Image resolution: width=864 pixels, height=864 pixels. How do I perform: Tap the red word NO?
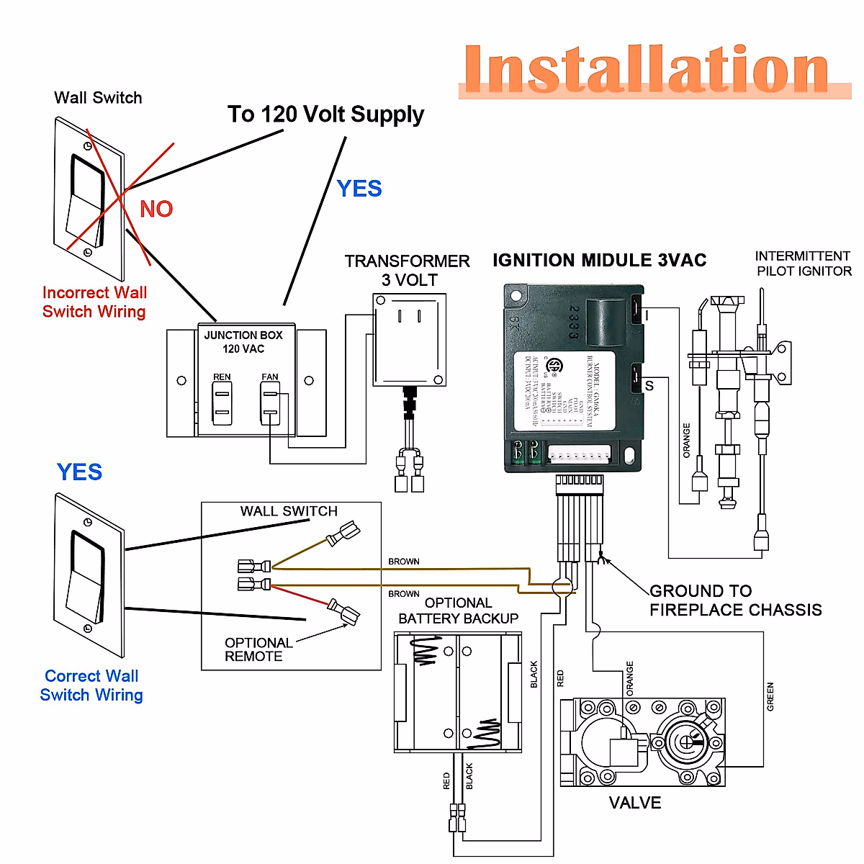tap(156, 209)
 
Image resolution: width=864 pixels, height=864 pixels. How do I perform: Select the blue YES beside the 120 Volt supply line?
tap(359, 189)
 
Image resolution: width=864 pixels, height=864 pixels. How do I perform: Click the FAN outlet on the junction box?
tap(270, 402)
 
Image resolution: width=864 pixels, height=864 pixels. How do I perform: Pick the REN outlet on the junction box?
tap(222, 402)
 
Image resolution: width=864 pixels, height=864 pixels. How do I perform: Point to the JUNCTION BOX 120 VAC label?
tap(243, 342)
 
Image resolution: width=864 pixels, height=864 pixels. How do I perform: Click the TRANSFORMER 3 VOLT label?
tap(408, 270)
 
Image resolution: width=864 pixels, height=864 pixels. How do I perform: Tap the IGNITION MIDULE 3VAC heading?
tap(599, 261)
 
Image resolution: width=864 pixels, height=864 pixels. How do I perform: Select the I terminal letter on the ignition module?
tap(647, 316)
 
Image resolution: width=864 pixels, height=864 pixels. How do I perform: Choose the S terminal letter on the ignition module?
tap(649, 386)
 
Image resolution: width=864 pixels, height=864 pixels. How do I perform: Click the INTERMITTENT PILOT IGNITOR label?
tap(803, 264)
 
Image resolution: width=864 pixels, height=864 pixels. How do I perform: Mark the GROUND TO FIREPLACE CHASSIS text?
tap(735, 600)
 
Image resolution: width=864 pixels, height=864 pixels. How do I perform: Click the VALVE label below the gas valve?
tap(634, 803)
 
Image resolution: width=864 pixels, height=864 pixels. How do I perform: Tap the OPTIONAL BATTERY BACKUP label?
tap(458, 611)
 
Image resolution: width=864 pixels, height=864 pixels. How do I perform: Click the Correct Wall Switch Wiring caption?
tap(91, 685)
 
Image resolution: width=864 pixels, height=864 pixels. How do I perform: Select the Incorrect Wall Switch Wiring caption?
tap(94, 302)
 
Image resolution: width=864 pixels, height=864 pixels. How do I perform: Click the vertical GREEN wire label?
tap(770, 697)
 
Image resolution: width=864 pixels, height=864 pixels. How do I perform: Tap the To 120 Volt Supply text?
tap(325, 114)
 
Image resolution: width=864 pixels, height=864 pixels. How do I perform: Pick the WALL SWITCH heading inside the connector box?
tap(289, 511)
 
